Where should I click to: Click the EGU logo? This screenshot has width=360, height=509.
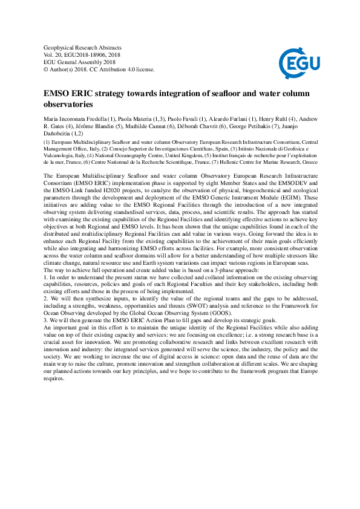point(295,61)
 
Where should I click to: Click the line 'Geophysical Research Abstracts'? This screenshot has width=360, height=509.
point(83,47)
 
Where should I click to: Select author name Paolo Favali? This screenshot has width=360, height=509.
point(182,118)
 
